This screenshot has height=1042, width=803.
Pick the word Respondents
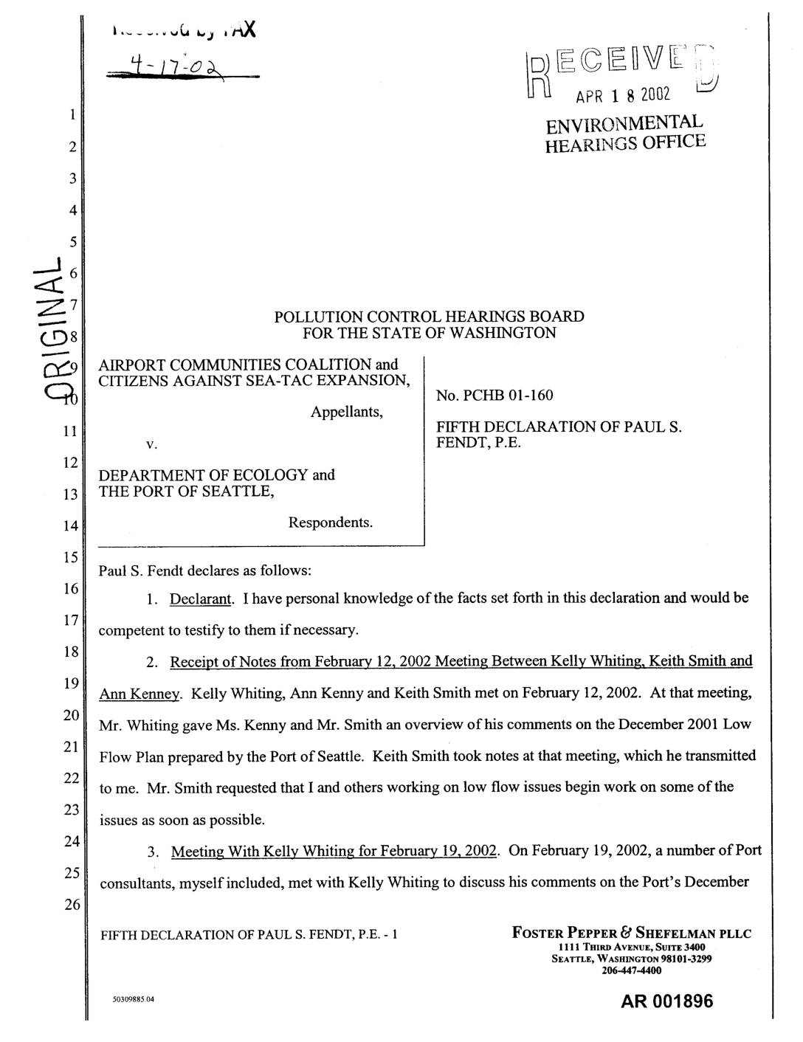point(331,522)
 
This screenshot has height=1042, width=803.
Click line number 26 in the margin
point(71,906)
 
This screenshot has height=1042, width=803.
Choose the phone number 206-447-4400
point(632,970)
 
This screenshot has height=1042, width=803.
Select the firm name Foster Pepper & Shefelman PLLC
point(632,934)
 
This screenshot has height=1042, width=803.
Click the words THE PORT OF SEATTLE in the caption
point(186,491)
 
